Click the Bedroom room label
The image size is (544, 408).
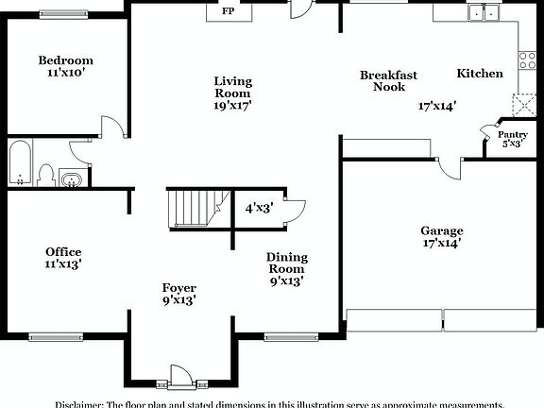(x=66, y=60)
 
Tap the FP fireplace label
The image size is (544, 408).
(x=228, y=12)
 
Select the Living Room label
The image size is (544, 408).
(x=232, y=87)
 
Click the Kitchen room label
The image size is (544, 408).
(x=480, y=74)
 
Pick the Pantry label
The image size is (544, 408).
(x=514, y=135)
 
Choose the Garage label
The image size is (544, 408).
(x=441, y=230)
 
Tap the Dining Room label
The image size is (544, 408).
(x=286, y=263)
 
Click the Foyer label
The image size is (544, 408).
(x=178, y=288)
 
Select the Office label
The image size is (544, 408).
(x=63, y=251)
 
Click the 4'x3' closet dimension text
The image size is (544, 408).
(x=259, y=209)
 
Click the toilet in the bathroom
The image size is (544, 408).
(x=45, y=176)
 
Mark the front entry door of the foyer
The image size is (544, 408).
(x=179, y=374)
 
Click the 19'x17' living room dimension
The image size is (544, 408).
(x=232, y=107)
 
